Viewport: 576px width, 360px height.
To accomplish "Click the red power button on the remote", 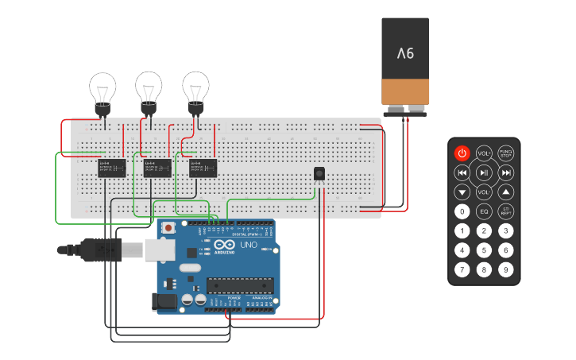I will coord(462,153).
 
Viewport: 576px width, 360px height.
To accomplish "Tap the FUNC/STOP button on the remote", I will coord(506,153).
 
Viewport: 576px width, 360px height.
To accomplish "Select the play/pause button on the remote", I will coord(484,172).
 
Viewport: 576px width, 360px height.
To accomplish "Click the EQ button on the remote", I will coord(484,211).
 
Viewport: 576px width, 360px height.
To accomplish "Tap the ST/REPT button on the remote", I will coord(506,211).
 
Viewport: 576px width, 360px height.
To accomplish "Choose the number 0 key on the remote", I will coord(462,211).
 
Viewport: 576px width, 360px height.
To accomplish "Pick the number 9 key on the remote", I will coord(506,269).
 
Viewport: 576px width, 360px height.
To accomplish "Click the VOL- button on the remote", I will coord(484,192).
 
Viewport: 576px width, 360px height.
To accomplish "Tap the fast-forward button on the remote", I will coord(506,172).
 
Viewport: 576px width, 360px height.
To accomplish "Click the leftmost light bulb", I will coord(102,87).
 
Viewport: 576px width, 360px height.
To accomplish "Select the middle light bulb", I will coord(149,87).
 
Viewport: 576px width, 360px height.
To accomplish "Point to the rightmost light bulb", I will coord(195,87).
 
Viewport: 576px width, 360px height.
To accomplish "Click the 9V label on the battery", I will coord(405,54).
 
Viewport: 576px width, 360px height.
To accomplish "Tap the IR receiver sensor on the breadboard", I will coord(319,173).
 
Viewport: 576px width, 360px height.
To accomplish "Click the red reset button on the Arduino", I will coord(168,228).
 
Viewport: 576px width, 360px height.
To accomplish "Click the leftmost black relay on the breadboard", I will coord(111,168).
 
